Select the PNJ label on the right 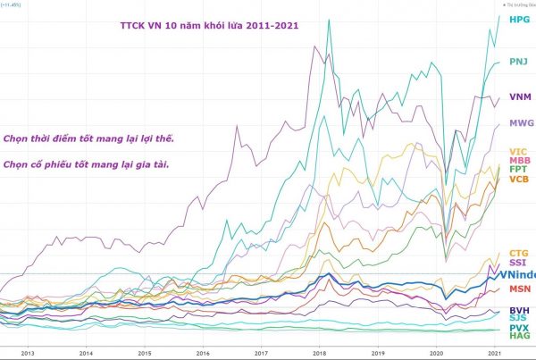[x=519, y=62]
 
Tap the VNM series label [x=520, y=96]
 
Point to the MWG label [x=521, y=122]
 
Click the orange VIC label [x=518, y=151]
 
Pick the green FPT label [x=518, y=170]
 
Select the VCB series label [x=519, y=180]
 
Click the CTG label [x=519, y=254]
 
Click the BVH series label [x=519, y=308]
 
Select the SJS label [x=518, y=317]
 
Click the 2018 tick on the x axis [x=318, y=353]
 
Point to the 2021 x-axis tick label [x=494, y=353]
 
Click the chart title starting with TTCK [x=209, y=25]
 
